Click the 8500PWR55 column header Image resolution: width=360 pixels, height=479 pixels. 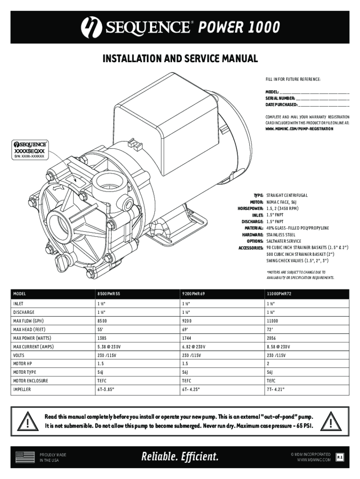(x=108, y=294)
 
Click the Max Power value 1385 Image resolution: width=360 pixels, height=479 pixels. (x=101, y=338)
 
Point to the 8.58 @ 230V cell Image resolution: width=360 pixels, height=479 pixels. (x=278, y=347)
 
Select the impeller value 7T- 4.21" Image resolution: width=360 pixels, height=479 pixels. (x=276, y=389)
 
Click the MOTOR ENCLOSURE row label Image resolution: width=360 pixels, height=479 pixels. (x=30, y=381)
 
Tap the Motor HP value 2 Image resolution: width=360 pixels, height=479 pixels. (x=268, y=363)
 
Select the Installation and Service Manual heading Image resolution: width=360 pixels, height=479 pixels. (x=180, y=59)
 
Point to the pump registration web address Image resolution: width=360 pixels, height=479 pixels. (x=299, y=128)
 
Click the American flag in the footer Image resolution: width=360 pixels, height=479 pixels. (x=25, y=457)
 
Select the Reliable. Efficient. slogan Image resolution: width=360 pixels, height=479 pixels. (x=180, y=457)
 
